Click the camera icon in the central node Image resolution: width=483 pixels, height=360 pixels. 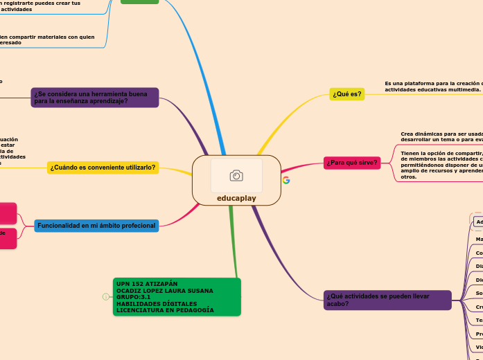236,176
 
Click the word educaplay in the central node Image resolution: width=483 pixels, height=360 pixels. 236,198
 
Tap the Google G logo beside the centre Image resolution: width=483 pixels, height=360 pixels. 286,180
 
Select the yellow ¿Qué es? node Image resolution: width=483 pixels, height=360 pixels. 346,94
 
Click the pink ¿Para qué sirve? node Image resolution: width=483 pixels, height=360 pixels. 351,163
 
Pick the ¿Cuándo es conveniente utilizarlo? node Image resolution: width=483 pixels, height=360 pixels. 103,168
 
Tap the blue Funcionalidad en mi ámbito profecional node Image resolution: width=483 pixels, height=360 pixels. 96,226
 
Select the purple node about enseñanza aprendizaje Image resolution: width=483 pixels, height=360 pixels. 95,98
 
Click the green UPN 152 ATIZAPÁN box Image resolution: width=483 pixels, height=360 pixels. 177,296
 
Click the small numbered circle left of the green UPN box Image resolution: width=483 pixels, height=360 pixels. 105,297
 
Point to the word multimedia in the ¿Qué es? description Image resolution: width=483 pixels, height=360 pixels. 464,89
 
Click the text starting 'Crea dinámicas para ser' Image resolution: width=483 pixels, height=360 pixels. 441,134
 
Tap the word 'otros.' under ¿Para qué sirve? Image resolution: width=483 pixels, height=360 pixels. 409,177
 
